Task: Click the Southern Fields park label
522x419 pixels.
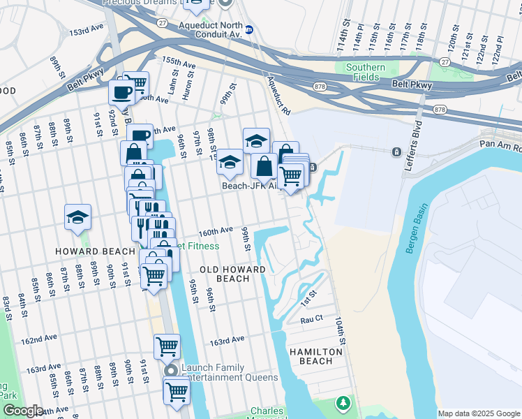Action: coord(366,73)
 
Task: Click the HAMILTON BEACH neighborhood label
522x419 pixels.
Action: coord(316,357)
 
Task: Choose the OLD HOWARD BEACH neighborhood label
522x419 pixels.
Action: coord(232,274)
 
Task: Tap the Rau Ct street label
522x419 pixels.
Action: coord(311,319)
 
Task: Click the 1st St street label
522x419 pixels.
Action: coord(308,298)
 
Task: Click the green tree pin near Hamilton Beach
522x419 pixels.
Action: coord(343,403)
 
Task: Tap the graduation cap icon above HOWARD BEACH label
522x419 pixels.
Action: coord(77,217)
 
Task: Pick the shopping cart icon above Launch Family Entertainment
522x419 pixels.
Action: coord(167,346)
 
